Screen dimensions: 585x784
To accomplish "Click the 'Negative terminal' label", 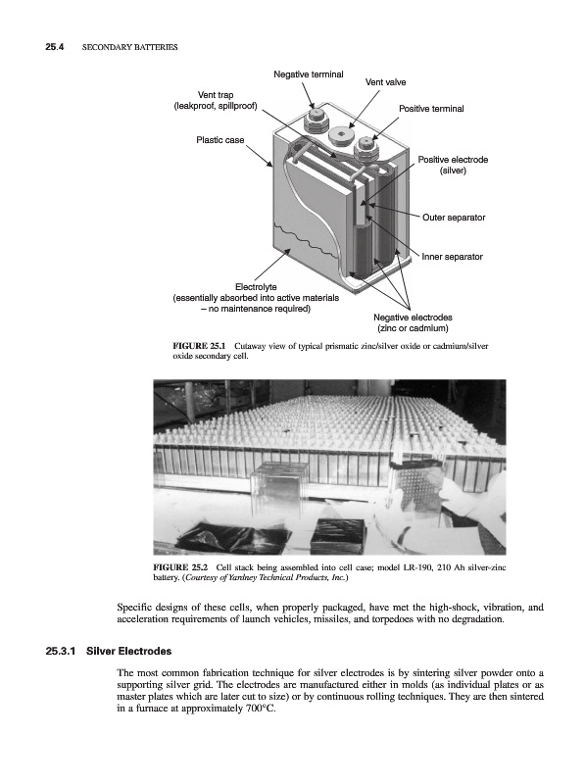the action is coord(308,74).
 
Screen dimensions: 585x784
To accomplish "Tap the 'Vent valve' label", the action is coord(385,82).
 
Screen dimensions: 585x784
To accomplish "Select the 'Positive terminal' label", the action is coord(431,109).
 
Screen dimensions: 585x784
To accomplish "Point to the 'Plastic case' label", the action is coord(220,140).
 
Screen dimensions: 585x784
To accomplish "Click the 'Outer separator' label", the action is coord(454,218).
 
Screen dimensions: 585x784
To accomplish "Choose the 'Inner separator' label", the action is coord(452,257).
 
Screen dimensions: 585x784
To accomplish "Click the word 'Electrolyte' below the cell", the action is coord(256,287).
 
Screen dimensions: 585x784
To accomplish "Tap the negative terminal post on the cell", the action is coord(316,119).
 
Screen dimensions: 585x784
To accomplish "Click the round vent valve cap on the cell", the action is coord(339,134).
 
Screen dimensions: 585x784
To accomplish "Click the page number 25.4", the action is coord(55,47).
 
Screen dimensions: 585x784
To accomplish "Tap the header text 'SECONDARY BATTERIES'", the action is coord(129,47).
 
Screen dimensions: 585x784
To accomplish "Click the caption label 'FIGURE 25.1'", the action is coord(199,346).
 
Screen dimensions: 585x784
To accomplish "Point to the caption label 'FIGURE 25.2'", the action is coord(179,567).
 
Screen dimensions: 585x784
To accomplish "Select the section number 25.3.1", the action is coord(61,652).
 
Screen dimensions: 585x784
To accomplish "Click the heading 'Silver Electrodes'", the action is coord(128,652).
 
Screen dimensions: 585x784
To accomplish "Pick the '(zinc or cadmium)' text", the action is coord(413,328).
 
